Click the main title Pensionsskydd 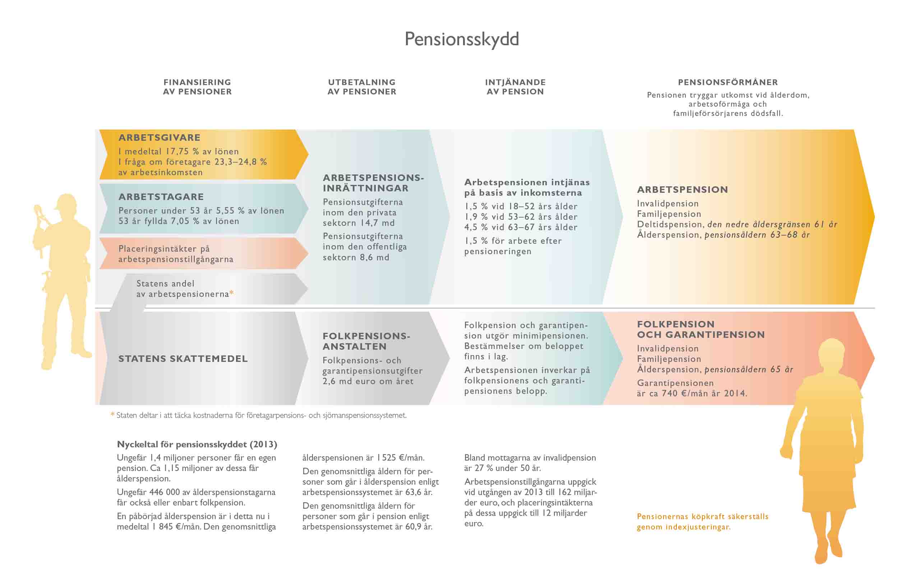click(x=462, y=39)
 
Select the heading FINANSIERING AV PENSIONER click(x=197, y=87)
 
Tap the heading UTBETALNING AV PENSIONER click(x=362, y=87)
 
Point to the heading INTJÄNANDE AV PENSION click(x=515, y=87)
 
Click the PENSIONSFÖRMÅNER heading click(x=728, y=82)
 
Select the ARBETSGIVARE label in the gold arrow click(x=160, y=137)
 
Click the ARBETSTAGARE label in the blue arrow click(x=161, y=197)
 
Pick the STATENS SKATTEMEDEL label click(x=183, y=359)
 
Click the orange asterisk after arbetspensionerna click(x=231, y=293)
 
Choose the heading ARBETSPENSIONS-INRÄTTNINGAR click(x=373, y=183)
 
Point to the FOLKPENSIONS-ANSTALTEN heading click(x=366, y=341)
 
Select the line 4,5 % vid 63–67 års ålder click(x=521, y=227)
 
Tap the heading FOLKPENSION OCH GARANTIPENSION click(x=700, y=329)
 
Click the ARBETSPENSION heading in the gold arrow click(x=682, y=190)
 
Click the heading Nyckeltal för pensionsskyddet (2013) click(x=197, y=444)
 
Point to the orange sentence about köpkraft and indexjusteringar click(x=702, y=521)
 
